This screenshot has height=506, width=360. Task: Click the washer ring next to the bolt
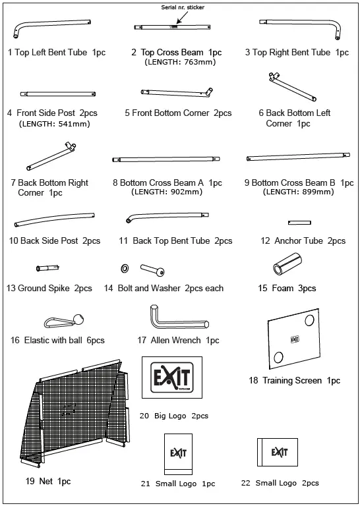point(124,269)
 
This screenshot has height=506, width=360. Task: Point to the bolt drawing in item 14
point(153,269)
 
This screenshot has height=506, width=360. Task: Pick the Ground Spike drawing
point(48,267)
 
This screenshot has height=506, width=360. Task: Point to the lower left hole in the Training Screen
point(279,356)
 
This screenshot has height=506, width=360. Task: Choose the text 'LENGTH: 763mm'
point(180,63)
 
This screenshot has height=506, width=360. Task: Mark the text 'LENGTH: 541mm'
point(54,123)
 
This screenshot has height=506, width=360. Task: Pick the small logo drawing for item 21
point(177,454)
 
